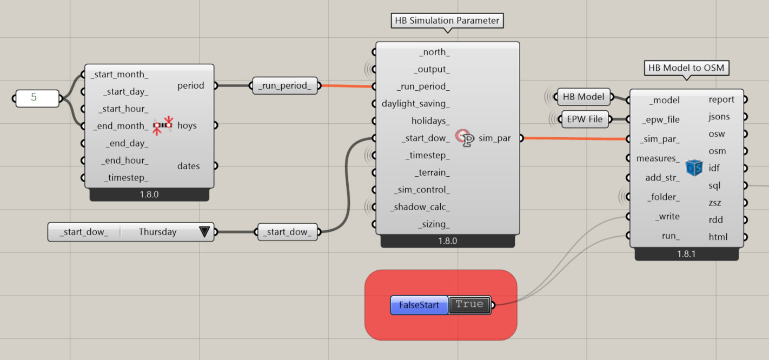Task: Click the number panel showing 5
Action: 37,98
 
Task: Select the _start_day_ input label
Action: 125,92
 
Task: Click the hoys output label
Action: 187,125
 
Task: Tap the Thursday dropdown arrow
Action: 204,232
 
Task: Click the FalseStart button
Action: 419,305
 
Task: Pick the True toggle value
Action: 469,304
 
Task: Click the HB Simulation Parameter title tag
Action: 447,21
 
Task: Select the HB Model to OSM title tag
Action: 686,68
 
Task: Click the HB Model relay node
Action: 584,97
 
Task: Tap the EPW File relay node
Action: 585,119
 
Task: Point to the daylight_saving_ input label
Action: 415,104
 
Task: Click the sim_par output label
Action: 494,138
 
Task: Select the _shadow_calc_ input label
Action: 420,207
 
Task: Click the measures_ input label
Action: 658,158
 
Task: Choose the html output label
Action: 718,237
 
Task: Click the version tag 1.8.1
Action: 686,254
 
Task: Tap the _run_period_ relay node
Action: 284,85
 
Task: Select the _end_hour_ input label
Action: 124,161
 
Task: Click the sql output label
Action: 714,185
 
